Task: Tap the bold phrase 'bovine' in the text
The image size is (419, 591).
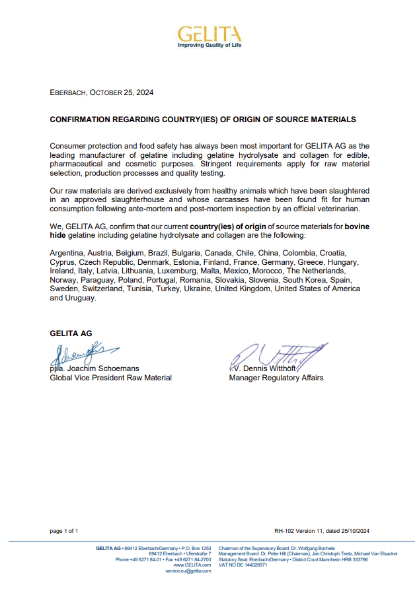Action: point(357,226)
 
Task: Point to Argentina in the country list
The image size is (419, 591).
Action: point(67,253)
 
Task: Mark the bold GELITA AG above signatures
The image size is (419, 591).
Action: point(69,333)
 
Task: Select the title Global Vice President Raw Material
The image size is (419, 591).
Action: point(111,378)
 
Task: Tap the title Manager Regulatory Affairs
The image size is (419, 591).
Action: point(276,378)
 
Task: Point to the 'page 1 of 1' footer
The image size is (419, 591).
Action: point(64,531)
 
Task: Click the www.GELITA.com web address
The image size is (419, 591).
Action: point(192,565)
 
